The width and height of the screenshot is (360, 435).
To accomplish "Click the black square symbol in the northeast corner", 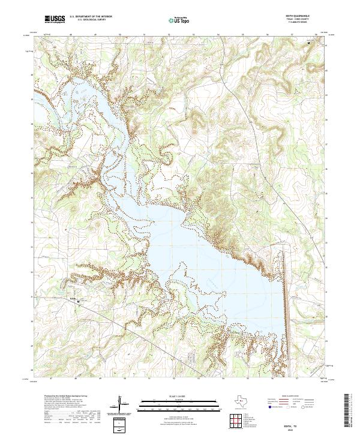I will [x=310, y=43].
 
